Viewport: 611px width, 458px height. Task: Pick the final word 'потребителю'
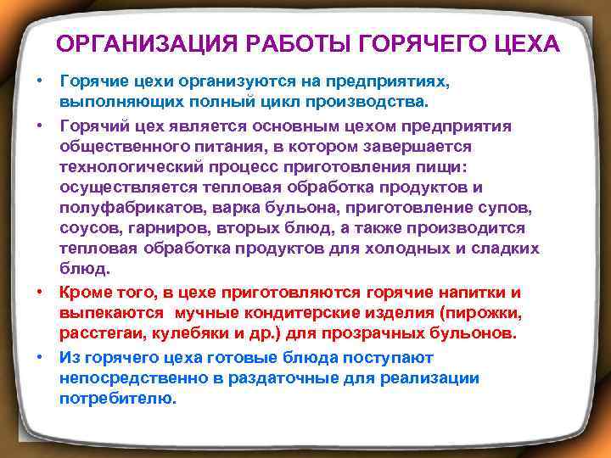(116, 399)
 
